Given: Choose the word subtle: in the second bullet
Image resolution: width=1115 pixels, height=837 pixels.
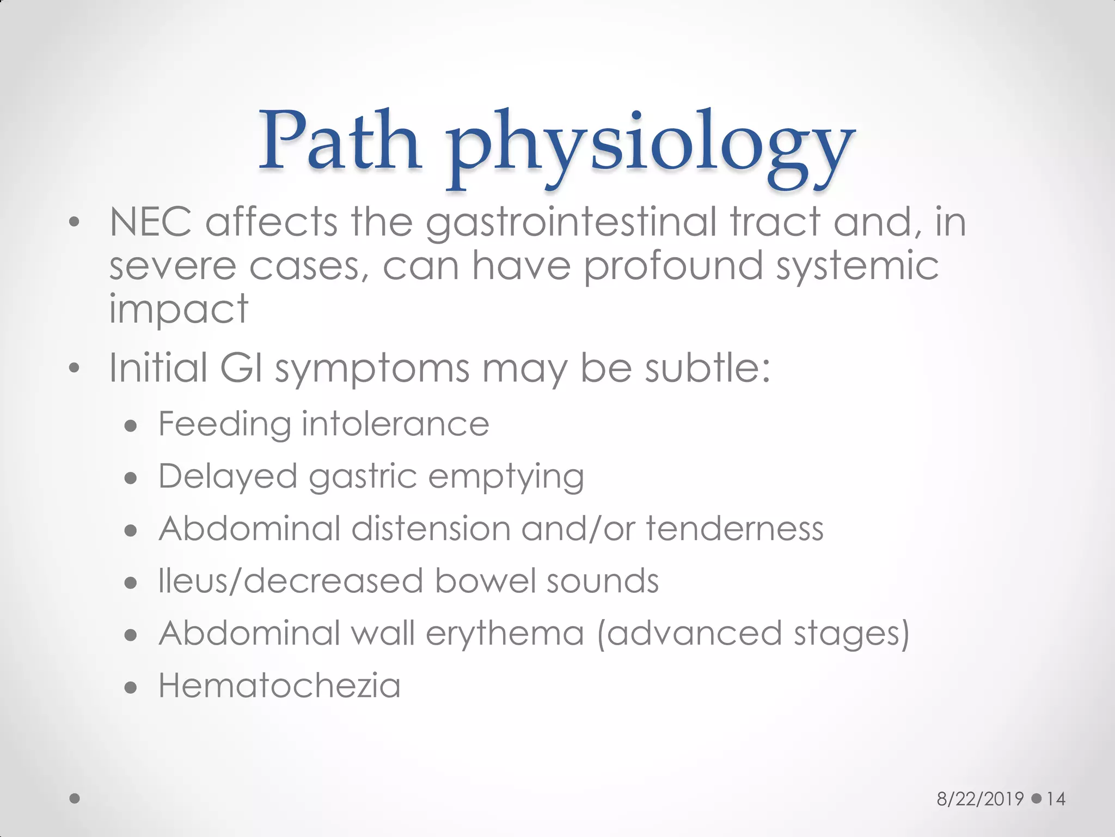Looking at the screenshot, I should coord(708,367).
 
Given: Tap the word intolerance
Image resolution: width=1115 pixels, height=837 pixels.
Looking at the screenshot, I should coord(395,424).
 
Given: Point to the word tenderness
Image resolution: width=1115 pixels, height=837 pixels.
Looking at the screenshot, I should coord(734,529).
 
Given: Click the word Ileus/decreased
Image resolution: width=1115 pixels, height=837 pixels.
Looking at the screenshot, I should coord(291,581).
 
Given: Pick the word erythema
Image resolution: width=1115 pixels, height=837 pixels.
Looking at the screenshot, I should coord(505,634).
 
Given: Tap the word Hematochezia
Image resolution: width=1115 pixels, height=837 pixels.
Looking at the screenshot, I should coord(279,686).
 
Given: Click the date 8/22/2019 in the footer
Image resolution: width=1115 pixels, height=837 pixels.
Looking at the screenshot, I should coord(980,799).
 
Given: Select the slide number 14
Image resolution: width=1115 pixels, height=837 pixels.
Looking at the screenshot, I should coord(1056,799).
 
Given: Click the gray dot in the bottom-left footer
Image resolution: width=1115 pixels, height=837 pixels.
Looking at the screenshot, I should coord(75,798).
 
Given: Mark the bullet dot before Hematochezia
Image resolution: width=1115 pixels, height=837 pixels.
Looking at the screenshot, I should coord(130,688).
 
